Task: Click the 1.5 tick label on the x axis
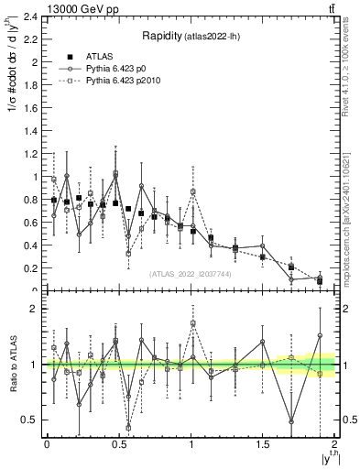tap(263, 444)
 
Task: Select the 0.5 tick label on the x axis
tap(118, 444)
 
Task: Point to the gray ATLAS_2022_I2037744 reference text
tap(190, 273)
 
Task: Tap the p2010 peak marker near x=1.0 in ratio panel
tap(193, 323)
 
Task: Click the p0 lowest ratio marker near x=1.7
tap(291, 421)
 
